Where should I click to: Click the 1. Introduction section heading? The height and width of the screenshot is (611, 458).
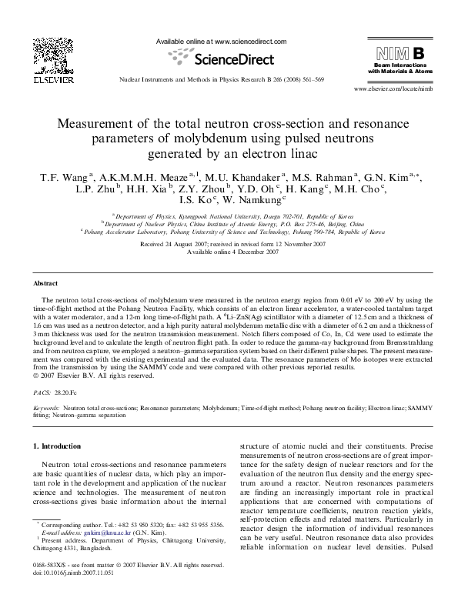(59, 446)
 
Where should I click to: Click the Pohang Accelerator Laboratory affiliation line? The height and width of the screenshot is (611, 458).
(232, 230)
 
